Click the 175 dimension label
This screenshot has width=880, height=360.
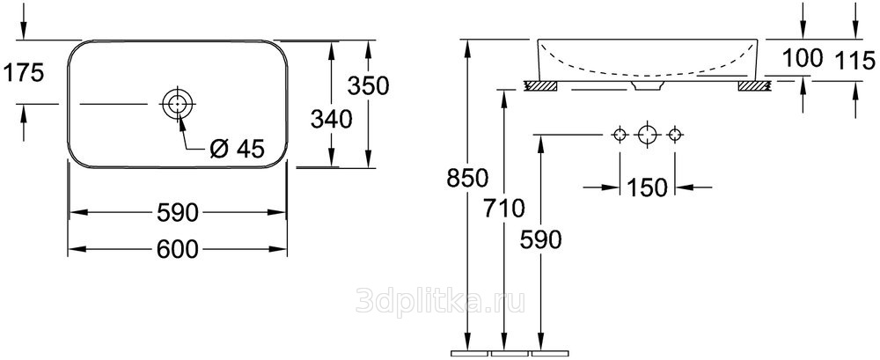[x=23, y=74]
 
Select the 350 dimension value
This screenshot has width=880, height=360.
[x=368, y=86]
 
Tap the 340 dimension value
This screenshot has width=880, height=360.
[x=332, y=120]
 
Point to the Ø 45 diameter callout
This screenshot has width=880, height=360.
[x=236, y=148]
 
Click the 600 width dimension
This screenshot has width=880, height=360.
[x=178, y=249]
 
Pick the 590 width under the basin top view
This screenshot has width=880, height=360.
[x=178, y=213]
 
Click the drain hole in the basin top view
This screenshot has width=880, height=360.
[x=178, y=105]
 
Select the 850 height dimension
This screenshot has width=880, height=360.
[x=467, y=179]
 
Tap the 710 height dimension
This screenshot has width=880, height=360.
[x=504, y=209]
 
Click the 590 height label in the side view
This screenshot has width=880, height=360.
[x=540, y=239]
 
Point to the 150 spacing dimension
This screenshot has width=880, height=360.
[x=647, y=187]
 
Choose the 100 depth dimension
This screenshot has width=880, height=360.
[x=802, y=58]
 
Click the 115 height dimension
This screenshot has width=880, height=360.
[x=854, y=60]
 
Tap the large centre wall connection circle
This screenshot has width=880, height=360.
[x=647, y=135]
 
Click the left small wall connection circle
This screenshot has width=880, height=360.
[x=620, y=135]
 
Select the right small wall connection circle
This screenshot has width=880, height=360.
[x=675, y=135]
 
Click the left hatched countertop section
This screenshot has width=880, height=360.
[x=540, y=85]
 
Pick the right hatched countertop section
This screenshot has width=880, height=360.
[x=755, y=85]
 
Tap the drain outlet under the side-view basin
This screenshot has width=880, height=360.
[x=648, y=85]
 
